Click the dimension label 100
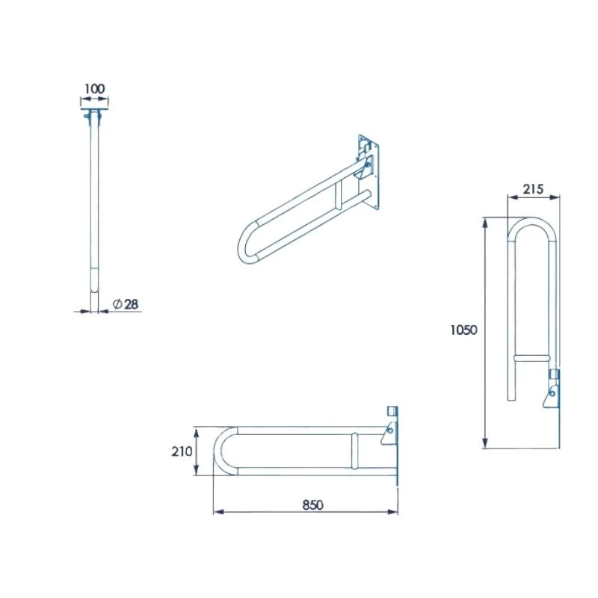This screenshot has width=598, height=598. [93, 89]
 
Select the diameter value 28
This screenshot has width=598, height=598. [131, 303]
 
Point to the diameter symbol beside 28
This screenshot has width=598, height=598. [117, 303]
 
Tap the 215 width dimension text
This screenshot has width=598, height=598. [533, 190]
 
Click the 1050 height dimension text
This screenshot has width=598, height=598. [463, 330]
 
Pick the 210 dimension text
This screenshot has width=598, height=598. [182, 451]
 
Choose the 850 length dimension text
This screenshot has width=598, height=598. [312, 505]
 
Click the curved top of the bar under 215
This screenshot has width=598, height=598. [533, 223]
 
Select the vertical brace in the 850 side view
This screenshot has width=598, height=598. [354, 451]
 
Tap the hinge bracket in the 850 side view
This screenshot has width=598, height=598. [389, 433]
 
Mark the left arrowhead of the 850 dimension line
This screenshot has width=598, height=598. [218, 512]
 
